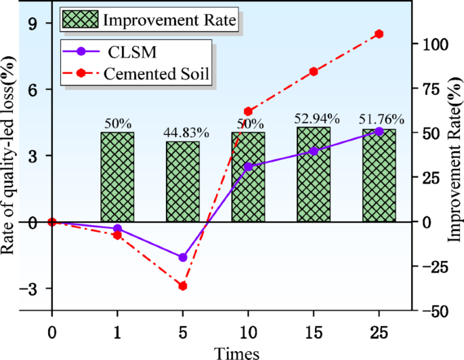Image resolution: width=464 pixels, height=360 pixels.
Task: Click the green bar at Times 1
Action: coord(117,177)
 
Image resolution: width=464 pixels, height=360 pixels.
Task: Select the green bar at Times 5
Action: coord(183,182)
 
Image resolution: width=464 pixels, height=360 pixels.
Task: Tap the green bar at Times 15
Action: coord(314,174)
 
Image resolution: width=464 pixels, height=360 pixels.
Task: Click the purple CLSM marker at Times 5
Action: coord(183,258)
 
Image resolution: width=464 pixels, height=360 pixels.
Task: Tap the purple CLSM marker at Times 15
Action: coord(314,151)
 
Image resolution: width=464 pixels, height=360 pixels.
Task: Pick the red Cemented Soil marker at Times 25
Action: coord(379,34)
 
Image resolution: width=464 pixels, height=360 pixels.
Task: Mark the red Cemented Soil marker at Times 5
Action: coord(183,286)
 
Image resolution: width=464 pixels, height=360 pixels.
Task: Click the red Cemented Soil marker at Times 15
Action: coord(314,71)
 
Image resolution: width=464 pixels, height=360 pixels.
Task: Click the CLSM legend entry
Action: coord(128,51)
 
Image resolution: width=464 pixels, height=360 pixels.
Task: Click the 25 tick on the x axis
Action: coord(379,333)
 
